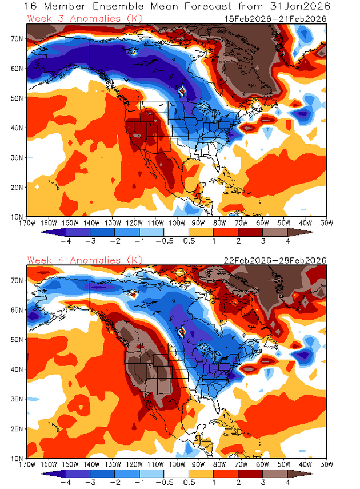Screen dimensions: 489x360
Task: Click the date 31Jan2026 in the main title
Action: pos(299,7)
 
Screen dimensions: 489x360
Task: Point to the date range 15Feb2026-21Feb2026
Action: pos(275,18)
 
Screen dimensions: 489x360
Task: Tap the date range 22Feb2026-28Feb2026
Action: pos(275,260)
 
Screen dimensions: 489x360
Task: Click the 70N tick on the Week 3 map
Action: pos(18,38)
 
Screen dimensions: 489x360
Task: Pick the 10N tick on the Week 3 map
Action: pos(18,217)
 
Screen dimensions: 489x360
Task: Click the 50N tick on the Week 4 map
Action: pos(18,339)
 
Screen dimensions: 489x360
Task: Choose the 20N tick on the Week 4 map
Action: pos(18,428)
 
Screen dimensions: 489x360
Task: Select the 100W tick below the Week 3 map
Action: pos(177,222)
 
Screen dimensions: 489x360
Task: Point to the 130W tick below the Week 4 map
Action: pos(113,464)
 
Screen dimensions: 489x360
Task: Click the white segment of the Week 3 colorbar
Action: pos(176,232)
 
